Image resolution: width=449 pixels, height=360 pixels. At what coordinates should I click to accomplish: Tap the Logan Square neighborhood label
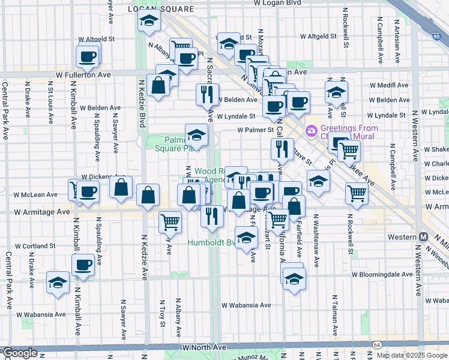162,9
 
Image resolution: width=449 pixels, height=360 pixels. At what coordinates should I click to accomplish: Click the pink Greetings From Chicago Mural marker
312,130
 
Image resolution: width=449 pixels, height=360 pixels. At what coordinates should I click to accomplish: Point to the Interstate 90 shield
435,37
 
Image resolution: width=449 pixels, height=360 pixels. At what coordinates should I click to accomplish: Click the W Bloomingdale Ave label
382,274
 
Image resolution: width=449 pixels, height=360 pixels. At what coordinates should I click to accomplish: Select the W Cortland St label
35,246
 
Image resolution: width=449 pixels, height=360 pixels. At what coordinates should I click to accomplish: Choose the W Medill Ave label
389,85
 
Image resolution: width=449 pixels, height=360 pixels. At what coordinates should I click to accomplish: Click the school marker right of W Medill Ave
336,91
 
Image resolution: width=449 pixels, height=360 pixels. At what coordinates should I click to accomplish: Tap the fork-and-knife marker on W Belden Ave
205,94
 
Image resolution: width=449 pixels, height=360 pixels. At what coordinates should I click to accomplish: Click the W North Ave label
201,347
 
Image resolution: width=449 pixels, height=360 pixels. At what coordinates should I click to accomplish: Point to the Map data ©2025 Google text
412,355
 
